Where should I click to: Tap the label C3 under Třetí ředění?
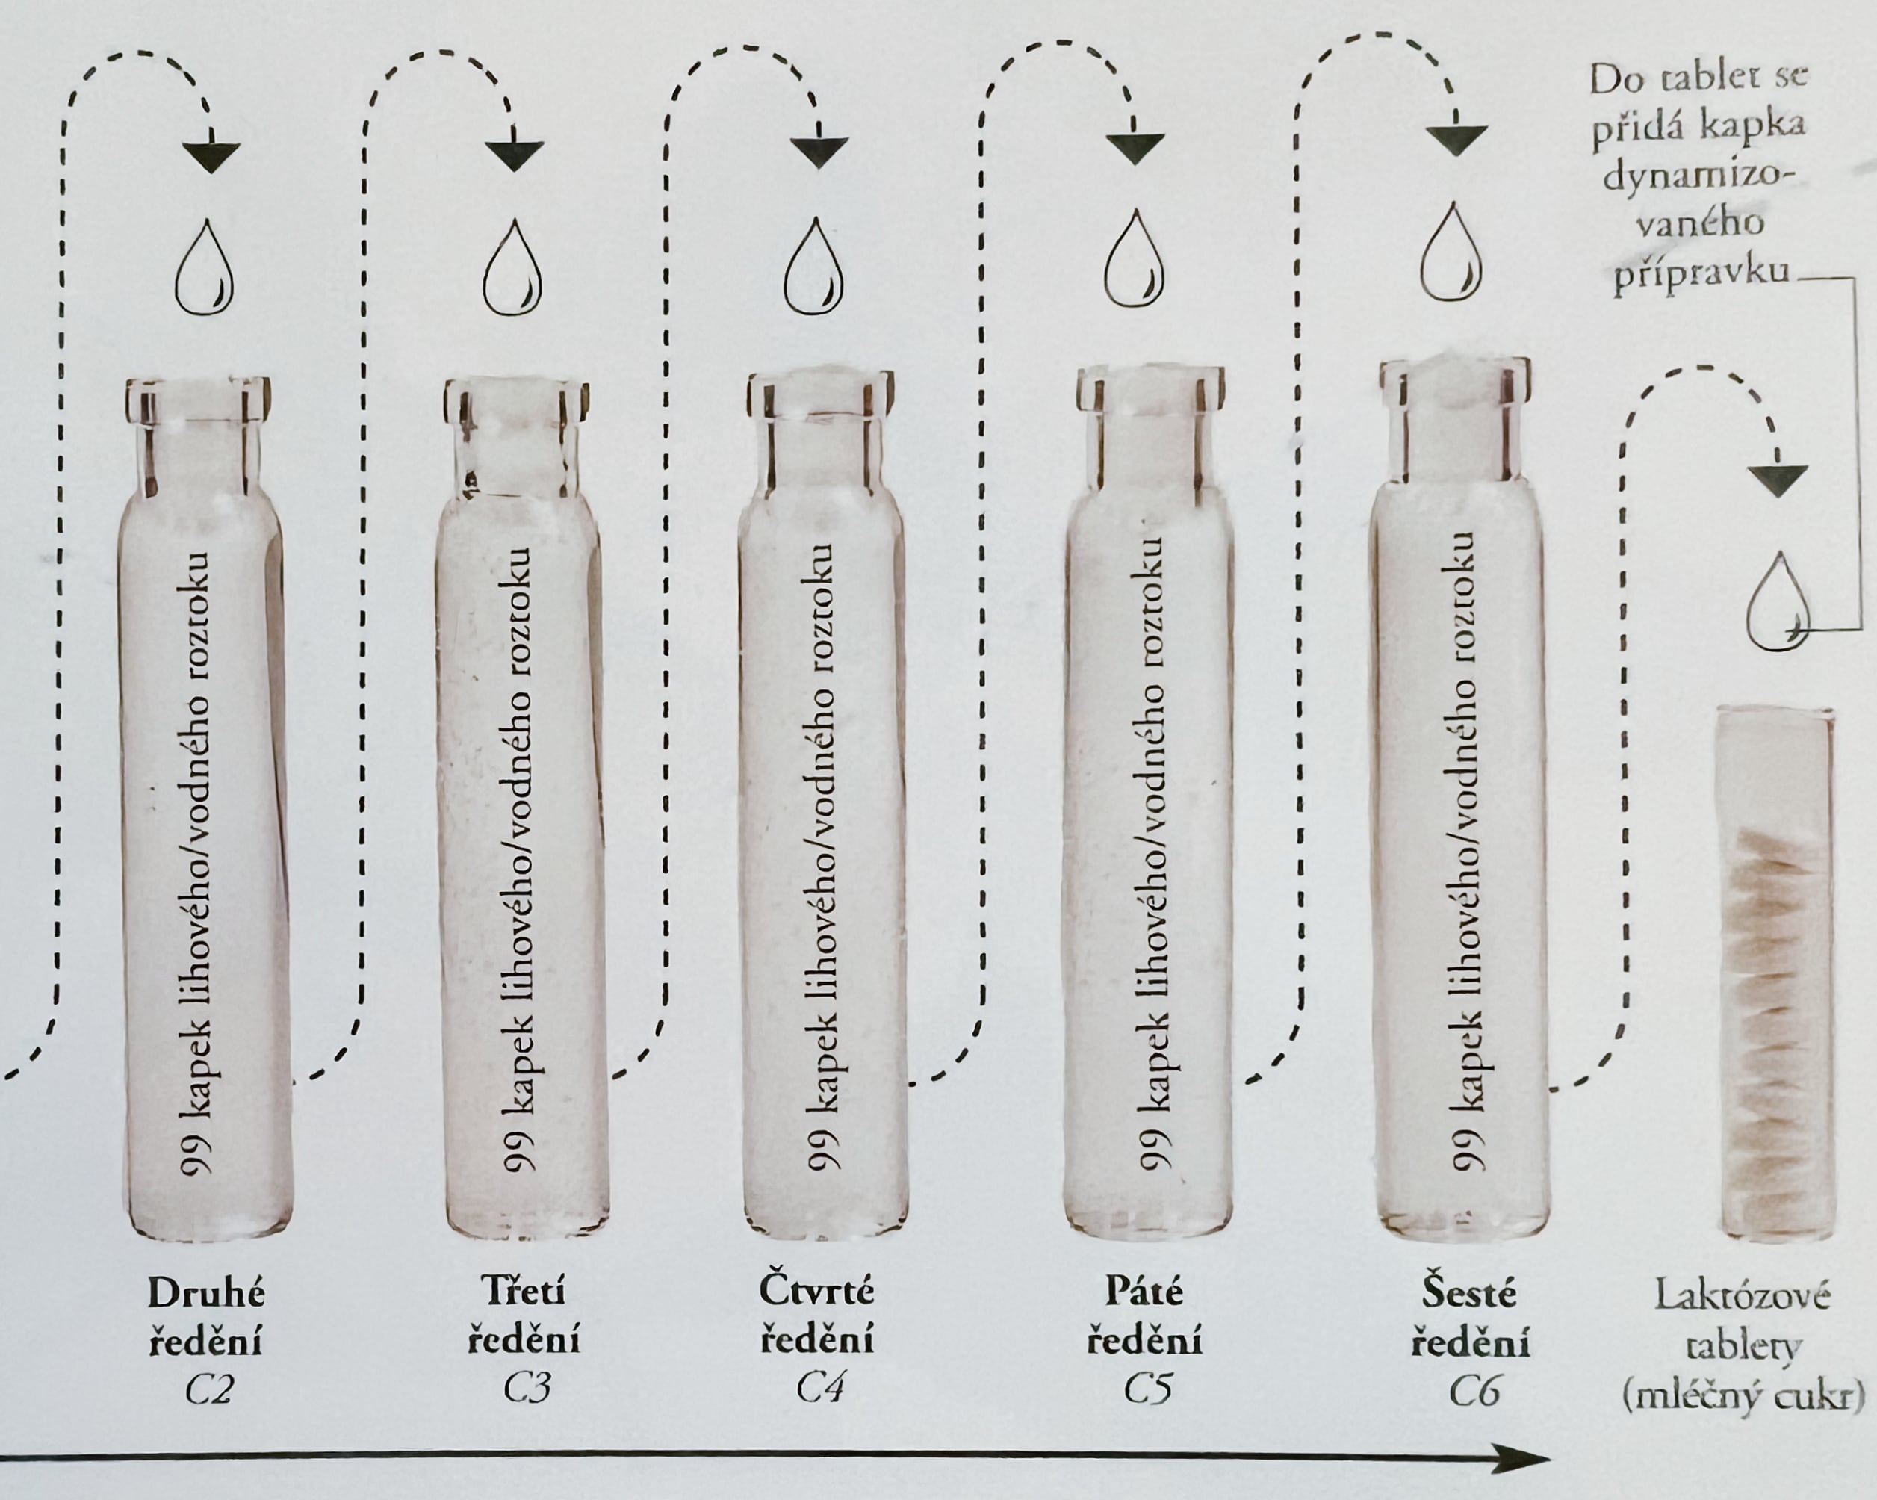coord(527,1389)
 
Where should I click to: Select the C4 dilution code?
coord(819,1389)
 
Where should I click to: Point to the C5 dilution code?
coord(1147,1389)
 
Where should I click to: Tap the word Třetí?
coord(524,1291)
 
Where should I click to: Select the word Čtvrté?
coord(816,1290)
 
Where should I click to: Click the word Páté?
coord(1144,1291)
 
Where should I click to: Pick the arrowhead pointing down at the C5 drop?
coord(1135,149)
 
